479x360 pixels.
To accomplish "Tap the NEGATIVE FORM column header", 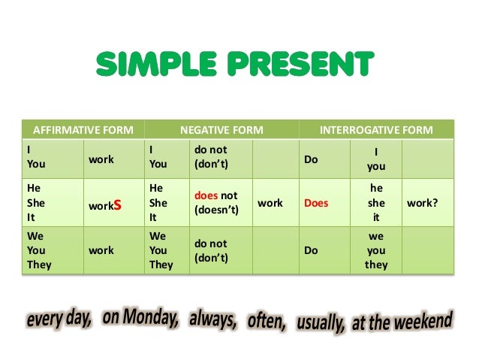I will tap(221, 130).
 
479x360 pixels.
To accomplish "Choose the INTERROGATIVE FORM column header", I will tap(376, 130).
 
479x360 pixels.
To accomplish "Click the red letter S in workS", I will tap(117, 204).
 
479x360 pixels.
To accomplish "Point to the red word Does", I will tap(316, 203).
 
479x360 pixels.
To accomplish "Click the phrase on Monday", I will tap(140, 319).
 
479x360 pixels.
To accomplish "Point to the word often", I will tap(267, 322).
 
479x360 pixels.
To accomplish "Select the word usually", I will tap(321, 323).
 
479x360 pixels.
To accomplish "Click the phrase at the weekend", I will tap(402, 322).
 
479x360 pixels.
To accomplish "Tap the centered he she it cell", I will tap(376, 203).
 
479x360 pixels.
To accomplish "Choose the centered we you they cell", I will tap(376, 250).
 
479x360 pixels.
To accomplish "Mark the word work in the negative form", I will tap(270, 203).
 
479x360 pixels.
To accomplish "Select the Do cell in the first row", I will tap(311, 159).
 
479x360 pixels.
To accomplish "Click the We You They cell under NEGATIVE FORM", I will tap(161, 250).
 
